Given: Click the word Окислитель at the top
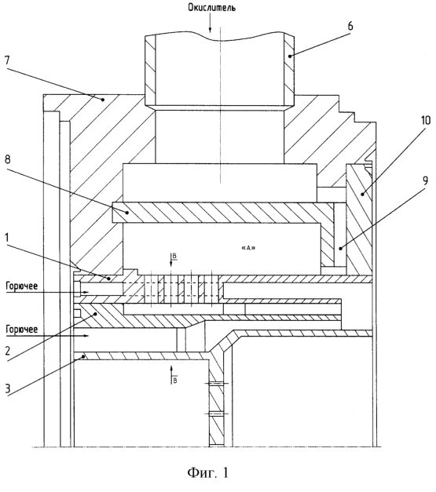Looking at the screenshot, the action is pos(212,8).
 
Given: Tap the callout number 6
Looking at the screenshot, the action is pos(350,26).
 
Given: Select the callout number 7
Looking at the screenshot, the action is pos(7,60).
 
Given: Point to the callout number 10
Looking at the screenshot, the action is pos(426,120).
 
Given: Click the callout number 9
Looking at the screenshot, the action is pos(425,181).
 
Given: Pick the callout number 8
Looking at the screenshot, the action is pos(7,159).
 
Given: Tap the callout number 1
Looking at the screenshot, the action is pos(7,238).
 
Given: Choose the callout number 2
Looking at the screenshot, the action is pos(8,351).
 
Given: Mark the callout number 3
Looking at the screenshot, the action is pos(7,388).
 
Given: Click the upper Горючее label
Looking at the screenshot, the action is pos(22,286).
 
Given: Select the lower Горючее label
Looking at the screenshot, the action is pos(22,329).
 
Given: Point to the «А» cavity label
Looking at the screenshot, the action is pos(248,248).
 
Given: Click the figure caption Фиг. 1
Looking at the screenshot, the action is pos(208,472).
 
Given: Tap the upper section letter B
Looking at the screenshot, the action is pos(174,257).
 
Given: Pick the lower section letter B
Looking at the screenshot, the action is pos(174,381).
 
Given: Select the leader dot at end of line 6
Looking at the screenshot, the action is pos(290,56).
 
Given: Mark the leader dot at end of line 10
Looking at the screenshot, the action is pos(362,195).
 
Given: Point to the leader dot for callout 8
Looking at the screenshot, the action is pos(127,213).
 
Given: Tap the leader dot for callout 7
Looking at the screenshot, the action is pos(103,100).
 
